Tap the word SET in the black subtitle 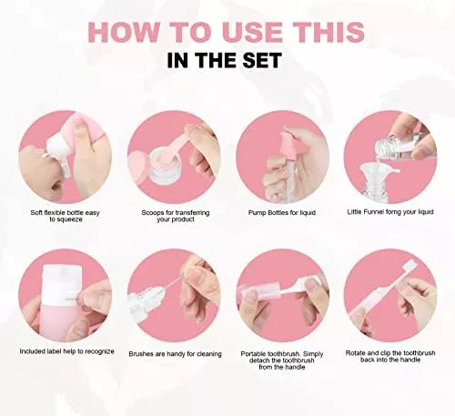(262, 60)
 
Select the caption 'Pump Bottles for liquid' (282, 213)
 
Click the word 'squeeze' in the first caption (66, 219)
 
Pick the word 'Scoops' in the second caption (153, 213)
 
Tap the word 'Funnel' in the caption (372, 212)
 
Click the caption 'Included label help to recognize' (67, 351)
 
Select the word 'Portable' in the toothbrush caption (254, 354)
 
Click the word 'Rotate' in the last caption (356, 353)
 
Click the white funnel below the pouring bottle (376, 175)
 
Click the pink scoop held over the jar (183, 143)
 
